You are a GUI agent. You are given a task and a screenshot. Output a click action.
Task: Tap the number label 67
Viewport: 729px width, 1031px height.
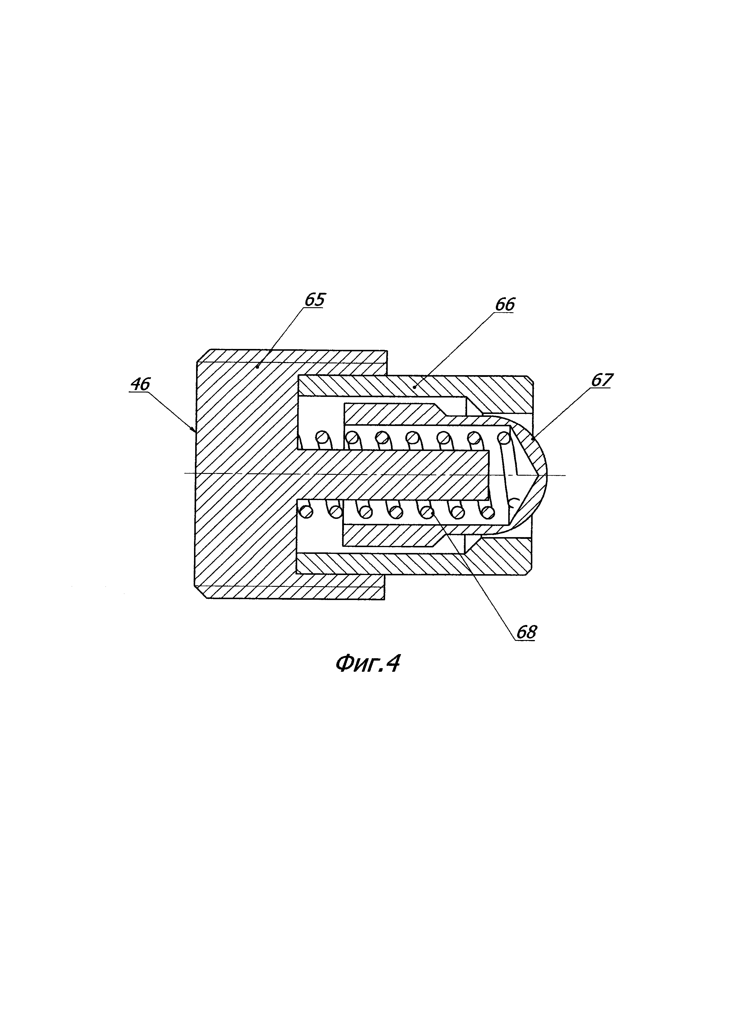pyautogui.click(x=601, y=380)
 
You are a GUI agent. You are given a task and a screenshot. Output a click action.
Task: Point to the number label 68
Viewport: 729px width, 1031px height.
pyautogui.click(x=526, y=632)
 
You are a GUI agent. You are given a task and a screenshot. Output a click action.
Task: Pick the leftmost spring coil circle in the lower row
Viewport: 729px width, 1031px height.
pyautogui.click(x=306, y=512)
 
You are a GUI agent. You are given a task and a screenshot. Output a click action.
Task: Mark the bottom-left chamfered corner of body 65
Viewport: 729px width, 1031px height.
pyautogui.click(x=201, y=592)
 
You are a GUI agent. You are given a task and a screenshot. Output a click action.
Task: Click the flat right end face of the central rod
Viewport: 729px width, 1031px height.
pyautogui.click(x=488, y=475)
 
